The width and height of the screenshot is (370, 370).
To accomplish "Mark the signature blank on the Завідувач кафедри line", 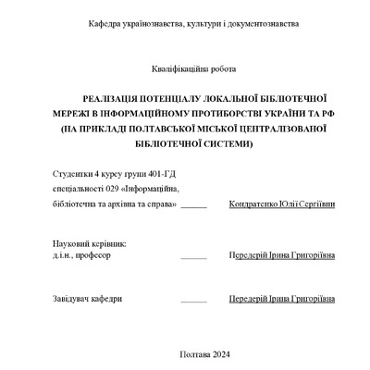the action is point(194,302).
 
